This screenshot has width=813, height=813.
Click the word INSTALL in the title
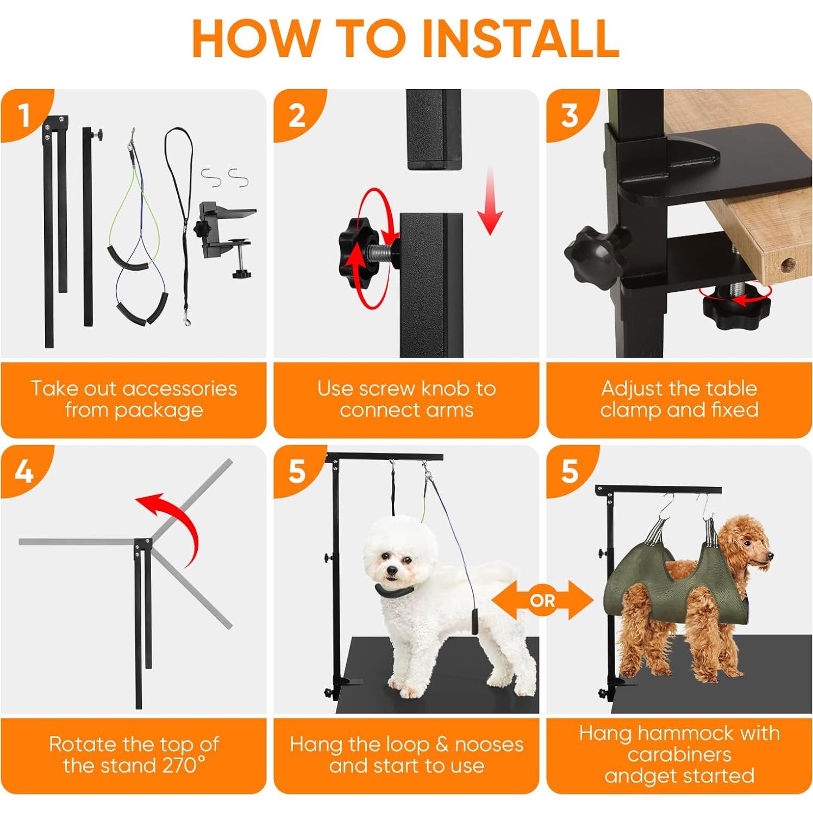coord(520,37)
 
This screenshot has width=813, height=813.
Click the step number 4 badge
coord(24,470)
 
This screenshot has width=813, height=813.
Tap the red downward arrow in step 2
coord(490,201)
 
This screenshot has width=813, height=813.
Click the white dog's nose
coord(391,571)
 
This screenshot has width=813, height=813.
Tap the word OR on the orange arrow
coord(542,601)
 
